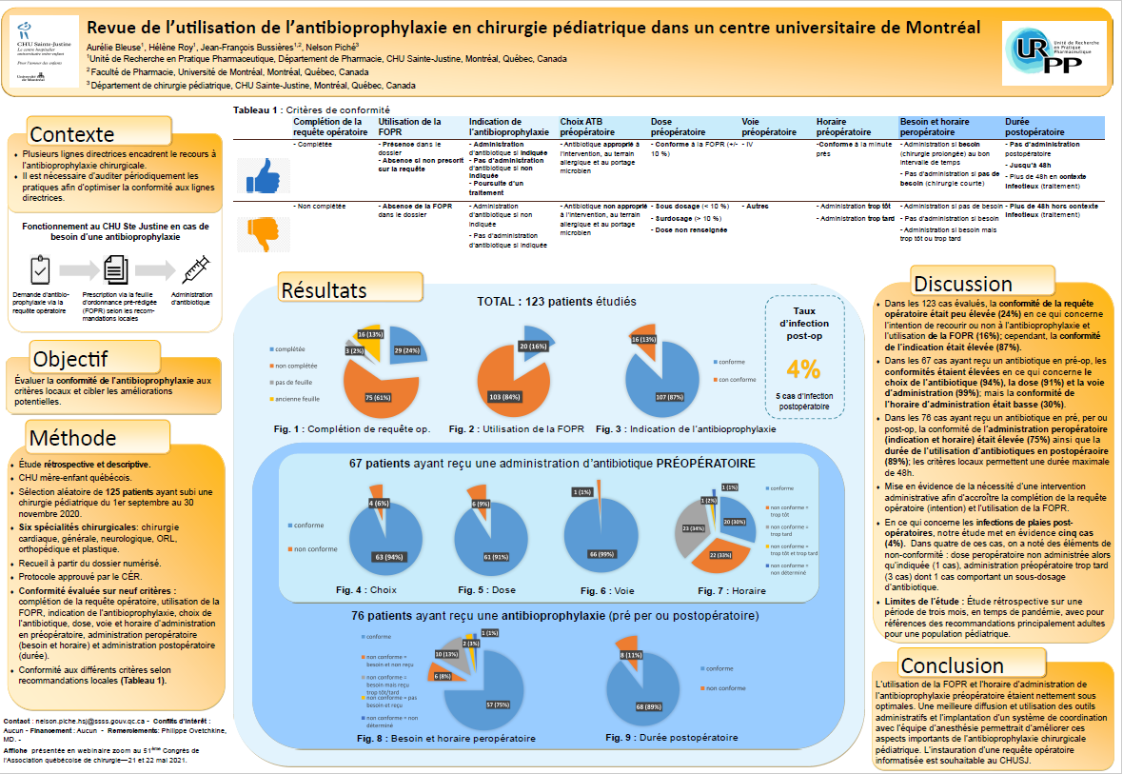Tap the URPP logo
[x=1054, y=53]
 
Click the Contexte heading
[x=73, y=133]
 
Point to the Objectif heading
[x=70, y=359]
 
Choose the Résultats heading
[x=322, y=288]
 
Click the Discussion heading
[x=963, y=283]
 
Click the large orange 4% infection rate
[x=804, y=368]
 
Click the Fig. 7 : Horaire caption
[x=731, y=590]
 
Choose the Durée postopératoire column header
[x=1034, y=128]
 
